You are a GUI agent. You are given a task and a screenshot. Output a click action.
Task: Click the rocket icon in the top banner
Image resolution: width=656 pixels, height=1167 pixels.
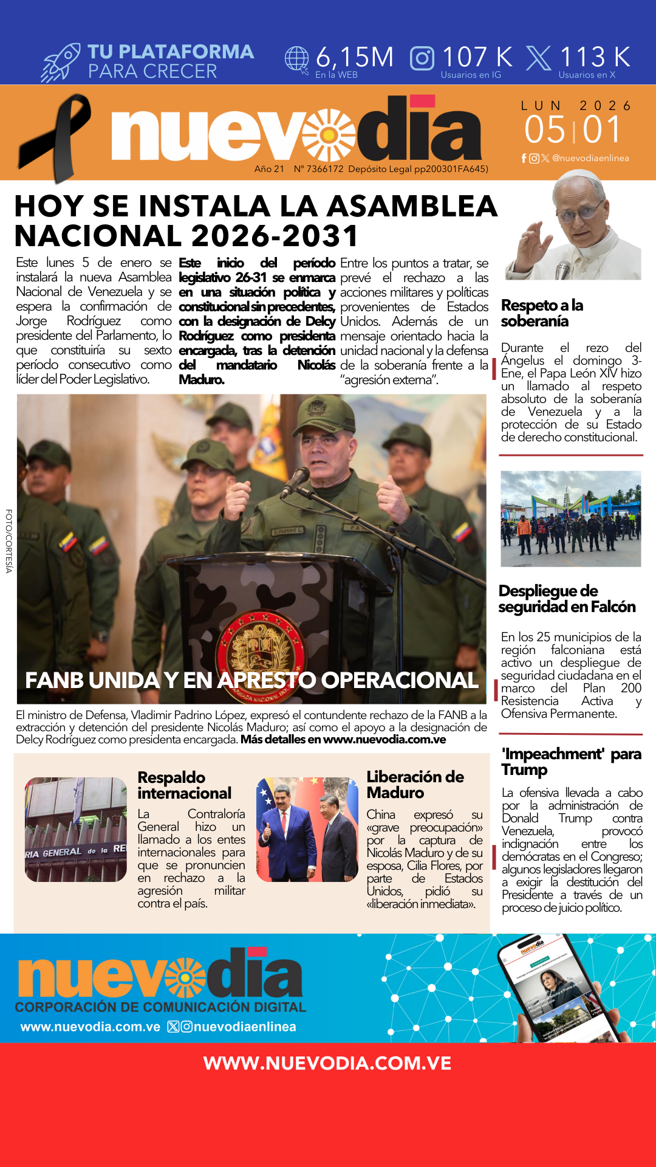[61, 63]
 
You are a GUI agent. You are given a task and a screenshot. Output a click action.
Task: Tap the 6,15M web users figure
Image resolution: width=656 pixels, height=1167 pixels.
[355, 57]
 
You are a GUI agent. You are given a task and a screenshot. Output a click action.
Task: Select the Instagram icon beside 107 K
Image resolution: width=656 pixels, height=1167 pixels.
[422, 58]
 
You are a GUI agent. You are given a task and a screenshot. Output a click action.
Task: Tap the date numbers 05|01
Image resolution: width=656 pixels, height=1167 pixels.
[573, 129]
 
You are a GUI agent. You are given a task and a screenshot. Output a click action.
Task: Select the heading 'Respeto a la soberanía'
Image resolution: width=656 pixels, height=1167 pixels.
[541, 313]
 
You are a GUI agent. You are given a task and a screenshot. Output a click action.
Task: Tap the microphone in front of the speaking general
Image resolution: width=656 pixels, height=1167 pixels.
[296, 480]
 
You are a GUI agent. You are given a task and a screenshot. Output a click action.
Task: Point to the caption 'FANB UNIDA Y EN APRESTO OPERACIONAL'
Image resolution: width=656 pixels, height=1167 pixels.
[251, 680]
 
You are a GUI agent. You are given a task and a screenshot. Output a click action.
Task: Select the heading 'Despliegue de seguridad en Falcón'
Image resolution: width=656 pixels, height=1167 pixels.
[566, 599]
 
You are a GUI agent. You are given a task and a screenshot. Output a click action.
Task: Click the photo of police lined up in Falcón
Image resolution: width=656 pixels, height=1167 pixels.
[570, 518]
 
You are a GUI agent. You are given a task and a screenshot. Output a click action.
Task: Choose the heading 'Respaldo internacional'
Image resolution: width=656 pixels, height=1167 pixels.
[184, 785]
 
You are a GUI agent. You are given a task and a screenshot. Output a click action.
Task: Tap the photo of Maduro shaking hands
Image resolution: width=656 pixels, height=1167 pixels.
[307, 829]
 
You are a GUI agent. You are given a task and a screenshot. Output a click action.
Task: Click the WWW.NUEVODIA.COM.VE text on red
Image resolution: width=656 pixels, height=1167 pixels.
[327, 1063]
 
